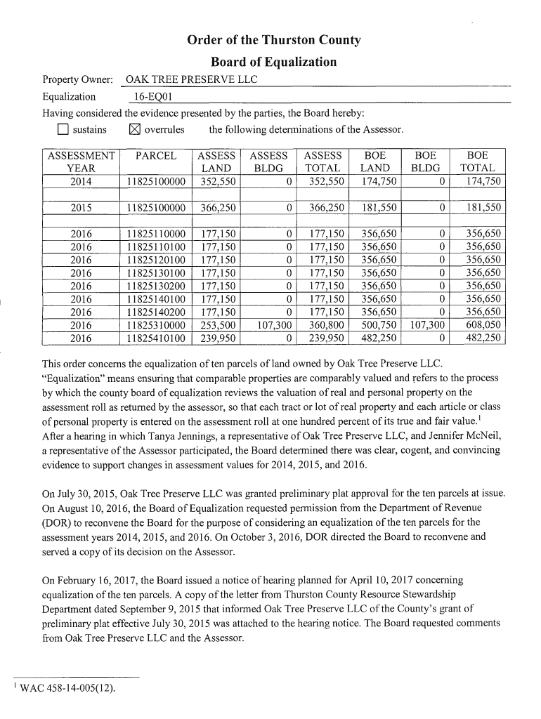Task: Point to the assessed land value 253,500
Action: (217, 325)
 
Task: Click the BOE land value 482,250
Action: (378, 338)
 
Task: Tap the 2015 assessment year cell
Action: (81, 208)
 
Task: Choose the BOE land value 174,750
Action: (378, 182)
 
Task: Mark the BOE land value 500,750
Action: (378, 325)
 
